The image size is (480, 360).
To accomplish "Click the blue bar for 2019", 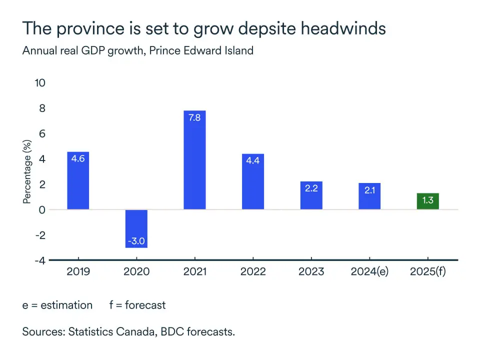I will (78, 180).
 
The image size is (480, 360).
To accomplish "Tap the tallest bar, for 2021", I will (194, 160).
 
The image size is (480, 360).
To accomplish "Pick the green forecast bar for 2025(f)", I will (427, 201).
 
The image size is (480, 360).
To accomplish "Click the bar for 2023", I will (311, 195).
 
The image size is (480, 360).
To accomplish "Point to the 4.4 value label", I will (253, 162).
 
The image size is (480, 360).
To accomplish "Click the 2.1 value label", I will (369, 190).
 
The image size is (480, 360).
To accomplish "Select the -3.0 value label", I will (136, 241).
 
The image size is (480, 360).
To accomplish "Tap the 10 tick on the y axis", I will (39, 82).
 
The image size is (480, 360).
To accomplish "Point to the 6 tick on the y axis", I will (42, 133).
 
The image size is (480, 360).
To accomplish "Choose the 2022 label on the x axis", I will (253, 272).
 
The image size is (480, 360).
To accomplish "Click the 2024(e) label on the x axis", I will (369, 272).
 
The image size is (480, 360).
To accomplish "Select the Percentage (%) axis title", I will (27, 171).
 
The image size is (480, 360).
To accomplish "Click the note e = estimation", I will (57, 305).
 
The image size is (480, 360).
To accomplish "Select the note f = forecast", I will (137, 305).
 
